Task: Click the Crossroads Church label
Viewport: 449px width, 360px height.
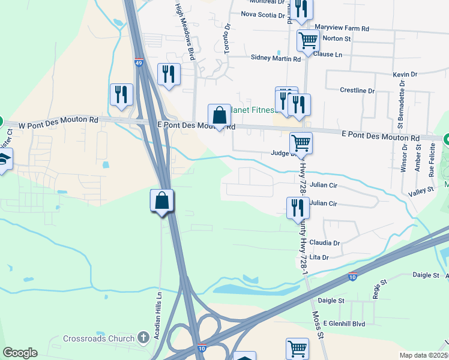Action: [99, 338]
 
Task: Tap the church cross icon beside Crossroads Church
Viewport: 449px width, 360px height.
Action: [143, 338]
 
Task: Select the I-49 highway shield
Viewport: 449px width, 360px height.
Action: [139, 62]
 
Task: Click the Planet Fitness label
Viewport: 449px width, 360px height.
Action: [256, 110]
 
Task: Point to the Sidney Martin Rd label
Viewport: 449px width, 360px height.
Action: [276, 59]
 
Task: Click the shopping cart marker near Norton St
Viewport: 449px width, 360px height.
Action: [308, 41]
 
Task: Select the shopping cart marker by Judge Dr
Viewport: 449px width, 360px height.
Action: [301, 143]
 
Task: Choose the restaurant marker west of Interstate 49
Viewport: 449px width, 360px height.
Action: [121, 95]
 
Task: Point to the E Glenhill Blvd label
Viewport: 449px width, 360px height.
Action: [344, 323]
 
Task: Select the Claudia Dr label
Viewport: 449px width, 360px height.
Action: [325, 243]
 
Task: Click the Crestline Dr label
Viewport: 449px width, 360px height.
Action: [357, 91]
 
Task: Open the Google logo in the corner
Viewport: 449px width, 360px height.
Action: [20, 353]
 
